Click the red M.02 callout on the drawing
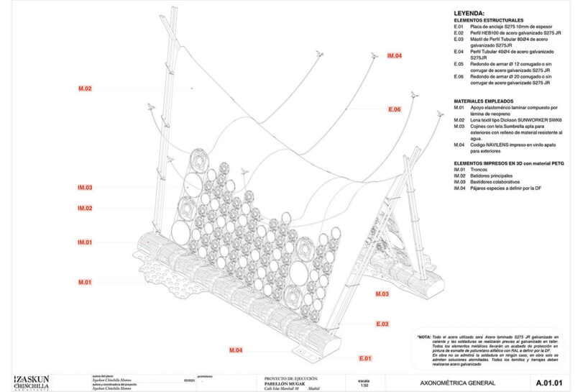tap(85, 88)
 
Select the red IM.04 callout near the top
tap(394, 55)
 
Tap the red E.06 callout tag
tap(393, 109)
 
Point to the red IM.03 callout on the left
tap(85, 188)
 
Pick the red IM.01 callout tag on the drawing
tap(85, 242)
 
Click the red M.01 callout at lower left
tap(85, 282)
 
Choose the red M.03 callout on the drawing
tap(382, 294)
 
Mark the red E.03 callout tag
tap(382, 324)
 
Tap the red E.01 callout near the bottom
tap(364, 357)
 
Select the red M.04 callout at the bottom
tap(235, 350)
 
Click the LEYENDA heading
tap(469, 13)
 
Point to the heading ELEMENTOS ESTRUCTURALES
tap(488, 20)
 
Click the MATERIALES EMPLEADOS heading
tap(483, 101)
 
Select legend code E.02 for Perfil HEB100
tap(459, 33)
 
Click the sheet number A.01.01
tap(548, 382)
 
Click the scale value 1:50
tap(363, 386)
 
